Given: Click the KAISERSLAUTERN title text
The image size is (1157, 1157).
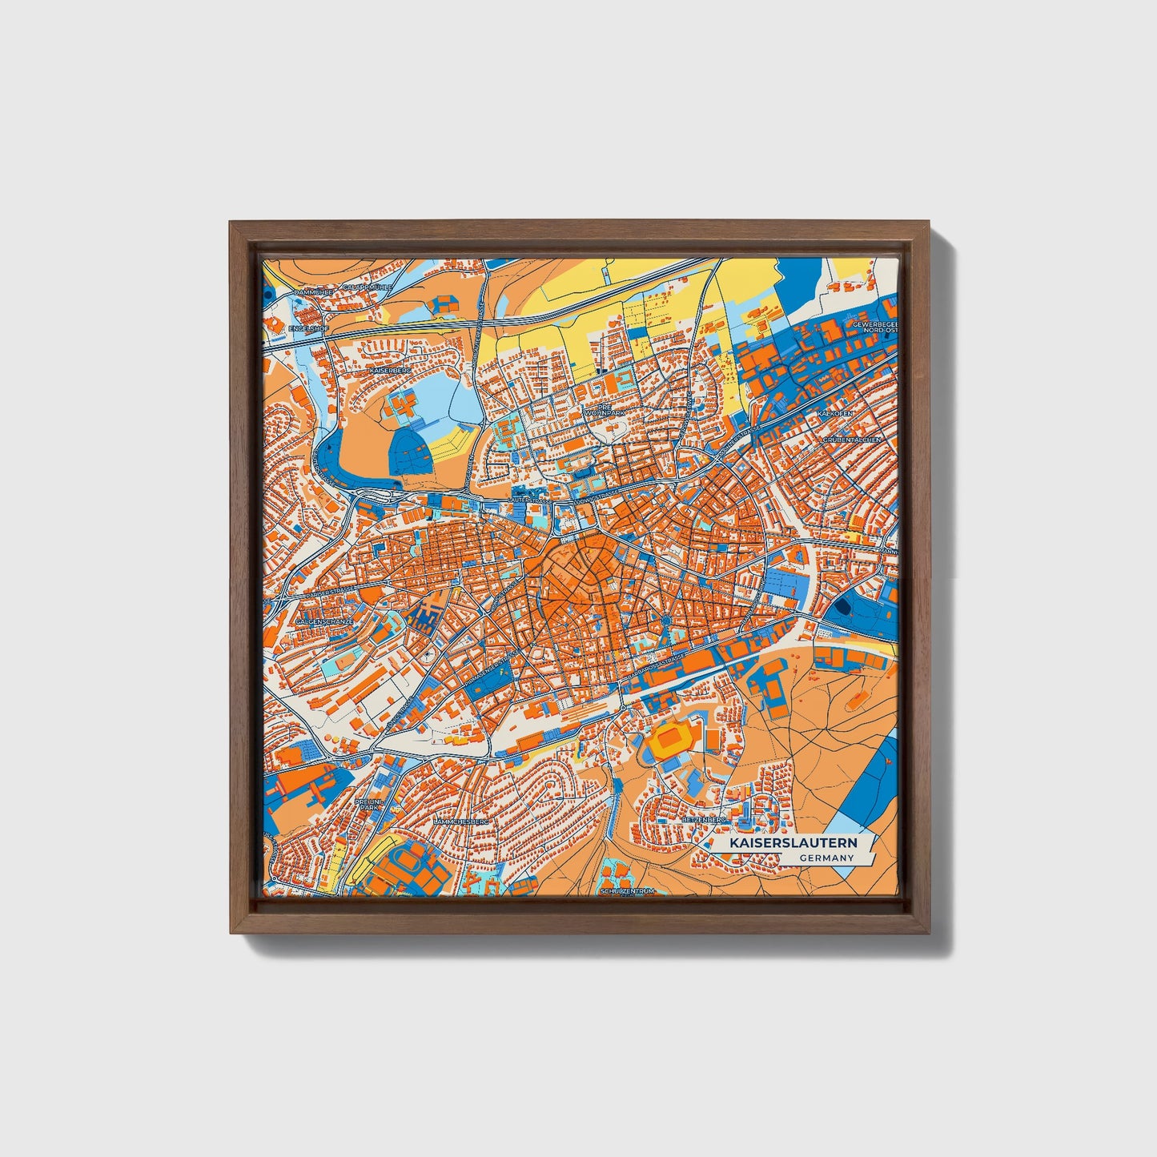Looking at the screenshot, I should pos(792,843).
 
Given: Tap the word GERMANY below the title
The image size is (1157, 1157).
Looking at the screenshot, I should pos(826,858).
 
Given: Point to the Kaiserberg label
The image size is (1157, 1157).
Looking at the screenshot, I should pos(391,372).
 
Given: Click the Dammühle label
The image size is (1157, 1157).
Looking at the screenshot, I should pos(314,293).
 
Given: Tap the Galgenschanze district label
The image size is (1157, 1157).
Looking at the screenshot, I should pos(319,621).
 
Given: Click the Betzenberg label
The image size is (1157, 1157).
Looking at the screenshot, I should pos(703,820).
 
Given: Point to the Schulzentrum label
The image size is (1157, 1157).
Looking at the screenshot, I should pos(627,890).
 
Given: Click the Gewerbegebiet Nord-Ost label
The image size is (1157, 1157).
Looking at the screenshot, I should pos(871,327).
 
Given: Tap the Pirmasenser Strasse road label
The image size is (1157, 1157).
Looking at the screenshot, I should pos(489,673).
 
